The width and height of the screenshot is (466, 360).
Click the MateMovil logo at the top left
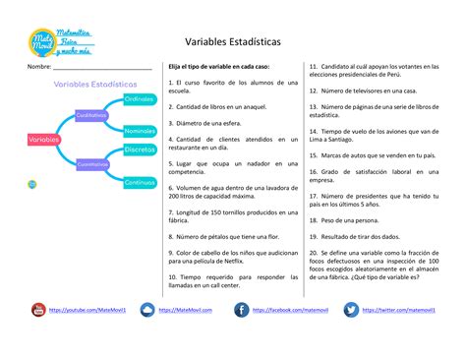[60, 43]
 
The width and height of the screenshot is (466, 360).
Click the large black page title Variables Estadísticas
[232, 43]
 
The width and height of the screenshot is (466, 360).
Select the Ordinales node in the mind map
[139, 100]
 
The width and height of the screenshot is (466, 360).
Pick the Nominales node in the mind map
[140, 130]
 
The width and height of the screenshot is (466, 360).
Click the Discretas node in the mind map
[140, 149]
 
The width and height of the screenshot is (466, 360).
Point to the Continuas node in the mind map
[140, 182]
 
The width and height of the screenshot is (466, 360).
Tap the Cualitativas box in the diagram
[91, 115]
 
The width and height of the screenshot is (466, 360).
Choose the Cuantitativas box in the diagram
[92, 164]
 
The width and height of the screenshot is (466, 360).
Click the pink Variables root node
[44, 141]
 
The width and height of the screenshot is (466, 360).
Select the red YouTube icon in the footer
[37, 311]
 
